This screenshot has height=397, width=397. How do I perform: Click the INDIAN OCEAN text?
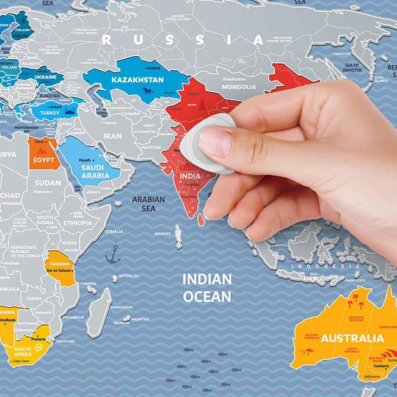coord(208,288)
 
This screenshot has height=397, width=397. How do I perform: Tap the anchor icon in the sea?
coord(112,254)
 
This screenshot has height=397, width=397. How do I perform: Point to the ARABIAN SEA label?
coord(148,203)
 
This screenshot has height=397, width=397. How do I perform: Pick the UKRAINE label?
coord(45,78)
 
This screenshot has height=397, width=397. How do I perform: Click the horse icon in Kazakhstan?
coord(147,92)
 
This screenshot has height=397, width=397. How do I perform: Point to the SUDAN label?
coord(48,183)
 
